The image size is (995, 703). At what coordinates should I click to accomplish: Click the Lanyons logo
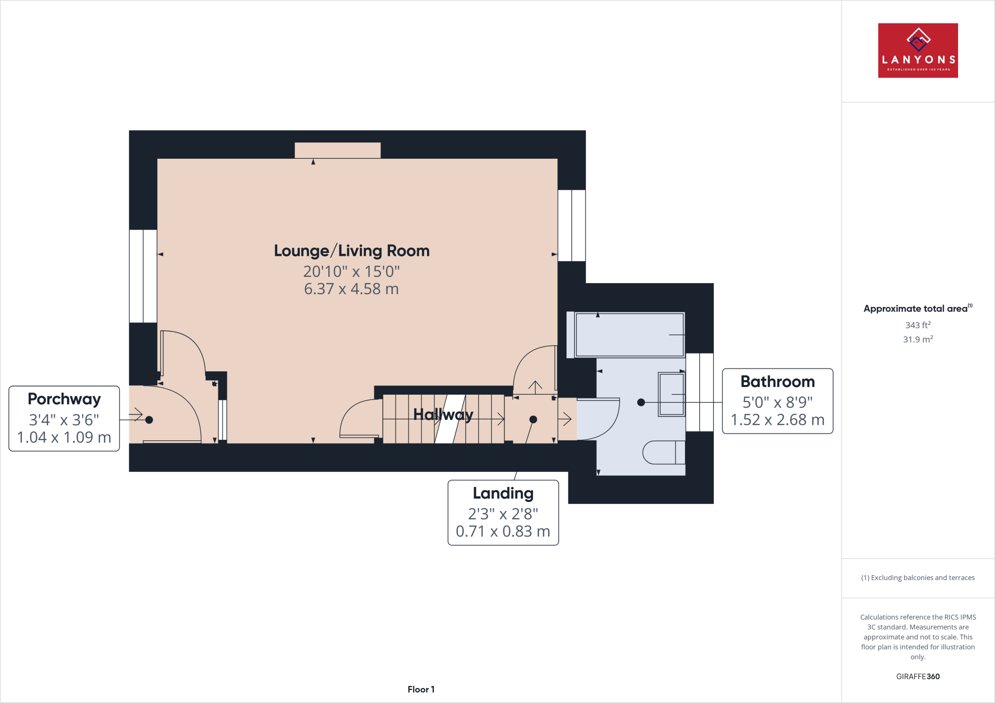coord(917,50)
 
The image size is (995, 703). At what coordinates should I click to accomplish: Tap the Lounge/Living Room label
coord(352,251)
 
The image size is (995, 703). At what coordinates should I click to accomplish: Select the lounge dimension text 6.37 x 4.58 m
coord(351,289)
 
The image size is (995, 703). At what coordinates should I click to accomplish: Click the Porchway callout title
coord(64,399)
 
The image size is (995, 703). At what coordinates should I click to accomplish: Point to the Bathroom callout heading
coord(777,382)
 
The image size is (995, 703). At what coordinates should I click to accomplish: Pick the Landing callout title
coord(503,493)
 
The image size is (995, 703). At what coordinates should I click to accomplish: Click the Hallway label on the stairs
coord(443,415)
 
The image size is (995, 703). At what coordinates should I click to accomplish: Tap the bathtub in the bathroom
coord(629,335)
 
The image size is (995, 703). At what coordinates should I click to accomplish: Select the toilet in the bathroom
coord(664,452)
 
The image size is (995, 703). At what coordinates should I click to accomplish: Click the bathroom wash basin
coord(671,394)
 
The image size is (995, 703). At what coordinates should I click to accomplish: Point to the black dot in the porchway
coord(149,420)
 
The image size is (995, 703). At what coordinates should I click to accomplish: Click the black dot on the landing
coord(533,419)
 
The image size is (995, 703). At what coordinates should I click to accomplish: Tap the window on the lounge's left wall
coord(143,276)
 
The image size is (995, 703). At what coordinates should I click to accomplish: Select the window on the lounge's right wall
coord(571,225)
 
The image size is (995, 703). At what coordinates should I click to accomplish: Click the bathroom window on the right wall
coord(699,392)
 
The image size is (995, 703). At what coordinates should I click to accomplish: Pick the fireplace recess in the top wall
coord(338,150)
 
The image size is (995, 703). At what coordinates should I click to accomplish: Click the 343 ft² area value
coord(917,325)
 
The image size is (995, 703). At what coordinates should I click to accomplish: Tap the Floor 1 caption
coord(421,689)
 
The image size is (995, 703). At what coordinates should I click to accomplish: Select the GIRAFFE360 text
coord(917,676)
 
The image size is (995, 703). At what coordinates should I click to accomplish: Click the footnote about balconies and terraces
coord(917,578)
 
